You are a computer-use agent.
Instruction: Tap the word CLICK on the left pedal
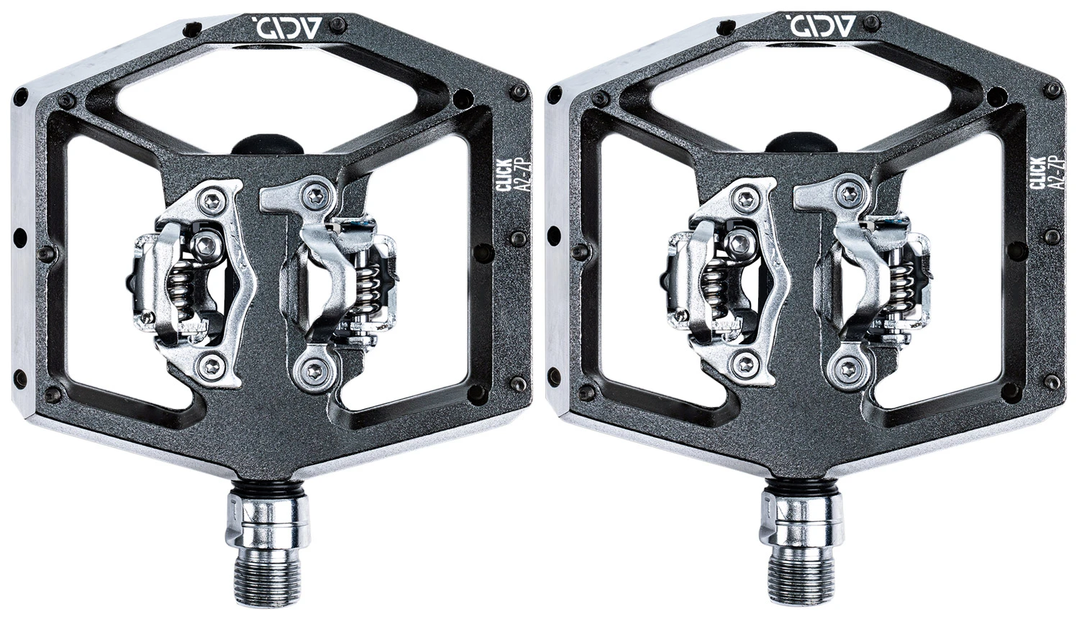pos(505,174)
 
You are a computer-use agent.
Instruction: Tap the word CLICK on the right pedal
pos(1039,174)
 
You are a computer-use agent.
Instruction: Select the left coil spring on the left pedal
pos(181,293)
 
